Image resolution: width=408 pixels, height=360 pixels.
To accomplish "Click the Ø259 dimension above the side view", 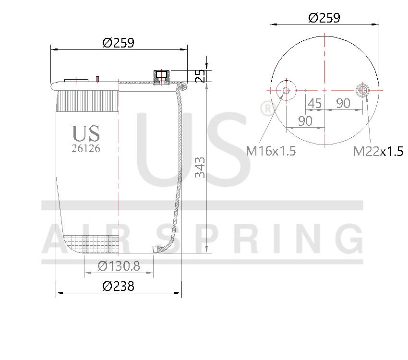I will point(118,43).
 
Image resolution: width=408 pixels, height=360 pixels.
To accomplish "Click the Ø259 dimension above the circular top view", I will point(324,18).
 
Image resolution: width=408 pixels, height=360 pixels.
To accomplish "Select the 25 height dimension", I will point(200,75).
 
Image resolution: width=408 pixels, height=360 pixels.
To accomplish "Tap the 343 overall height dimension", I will point(200,167).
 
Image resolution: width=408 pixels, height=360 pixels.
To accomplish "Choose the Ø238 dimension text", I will point(118,286).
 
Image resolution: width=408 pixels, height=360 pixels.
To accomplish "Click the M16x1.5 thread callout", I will point(271,151).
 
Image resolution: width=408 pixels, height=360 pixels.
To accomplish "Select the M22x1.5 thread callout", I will point(378,152).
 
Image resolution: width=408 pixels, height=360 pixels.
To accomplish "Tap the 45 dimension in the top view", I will point(314,103).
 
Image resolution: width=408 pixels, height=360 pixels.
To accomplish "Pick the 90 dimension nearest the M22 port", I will point(343,103).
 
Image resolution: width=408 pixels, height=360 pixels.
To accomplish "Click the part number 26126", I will point(85,149).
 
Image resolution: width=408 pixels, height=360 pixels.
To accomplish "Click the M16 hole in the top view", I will point(286,90).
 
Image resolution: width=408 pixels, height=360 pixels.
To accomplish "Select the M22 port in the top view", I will point(363,90).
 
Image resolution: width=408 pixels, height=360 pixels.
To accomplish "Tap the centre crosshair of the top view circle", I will point(325,90).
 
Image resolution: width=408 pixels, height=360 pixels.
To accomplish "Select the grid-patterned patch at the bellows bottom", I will point(94,244).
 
